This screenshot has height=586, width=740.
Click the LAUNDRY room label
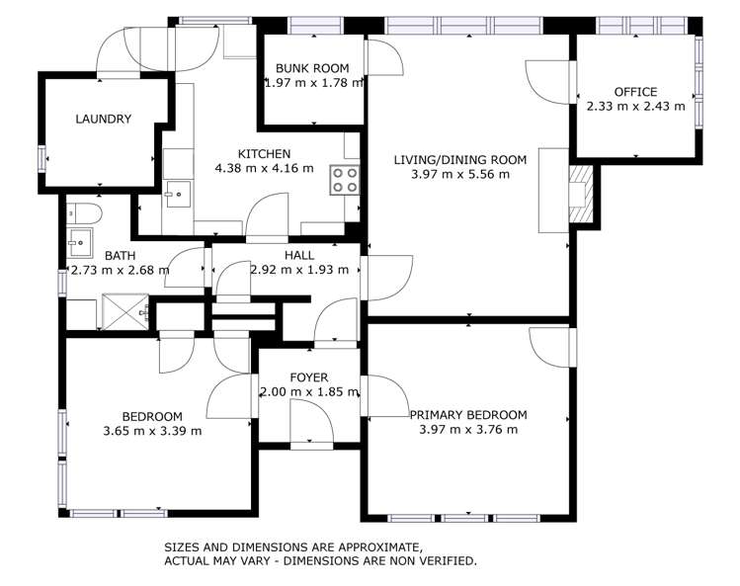(x=103, y=119)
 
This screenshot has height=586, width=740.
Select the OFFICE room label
(x=635, y=92)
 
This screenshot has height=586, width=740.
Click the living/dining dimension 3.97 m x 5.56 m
(x=460, y=174)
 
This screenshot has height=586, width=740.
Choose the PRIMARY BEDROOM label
(x=468, y=415)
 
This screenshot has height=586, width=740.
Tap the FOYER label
(x=308, y=377)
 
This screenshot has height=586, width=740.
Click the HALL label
(x=299, y=255)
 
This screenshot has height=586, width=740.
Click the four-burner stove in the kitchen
(x=344, y=180)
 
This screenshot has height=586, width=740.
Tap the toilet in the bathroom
(x=85, y=212)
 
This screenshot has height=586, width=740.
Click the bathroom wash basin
(x=78, y=239)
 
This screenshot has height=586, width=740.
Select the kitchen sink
(x=176, y=192)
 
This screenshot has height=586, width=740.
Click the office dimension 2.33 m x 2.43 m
(x=635, y=106)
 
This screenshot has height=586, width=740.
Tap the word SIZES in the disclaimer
(x=183, y=546)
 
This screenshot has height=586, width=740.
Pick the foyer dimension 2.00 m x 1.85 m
(x=308, y=391)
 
